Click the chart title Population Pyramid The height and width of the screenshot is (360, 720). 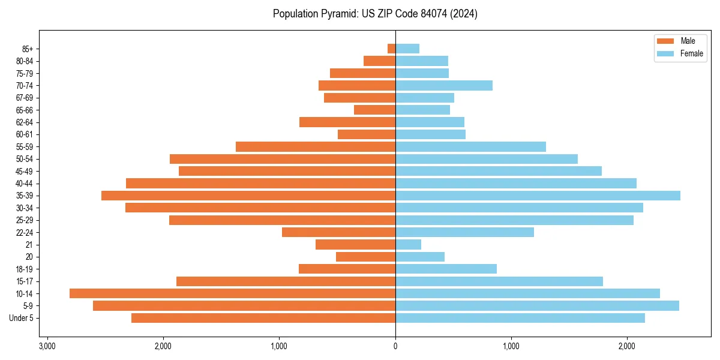tap(375, 14)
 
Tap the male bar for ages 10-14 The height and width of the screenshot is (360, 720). tap(232, 293)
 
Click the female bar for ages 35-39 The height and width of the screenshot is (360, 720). tap(538, 196)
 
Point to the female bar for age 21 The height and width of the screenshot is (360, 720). tap(408, 244)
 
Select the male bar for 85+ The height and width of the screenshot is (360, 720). tap(391, 49)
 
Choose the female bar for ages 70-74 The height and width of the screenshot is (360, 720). tap(444, 85)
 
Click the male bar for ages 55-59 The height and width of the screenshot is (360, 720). tap(316, 146)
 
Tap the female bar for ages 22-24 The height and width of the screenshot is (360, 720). tap(464, 232)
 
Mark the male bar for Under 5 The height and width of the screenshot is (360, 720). tap(263, 318)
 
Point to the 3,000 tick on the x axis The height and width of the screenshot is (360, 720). tap(47, 346)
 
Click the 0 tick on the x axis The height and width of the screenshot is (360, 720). tap(395, 346)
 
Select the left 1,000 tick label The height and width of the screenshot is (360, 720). tap(279, 346)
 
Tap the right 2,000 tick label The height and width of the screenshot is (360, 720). tap(627, 346)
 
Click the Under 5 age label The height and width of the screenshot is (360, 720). tap(21, 318)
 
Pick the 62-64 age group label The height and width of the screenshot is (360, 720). tap(25, 122)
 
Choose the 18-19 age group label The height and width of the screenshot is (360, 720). tap(25, 269)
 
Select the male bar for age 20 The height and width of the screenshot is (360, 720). tap(365, 257)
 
